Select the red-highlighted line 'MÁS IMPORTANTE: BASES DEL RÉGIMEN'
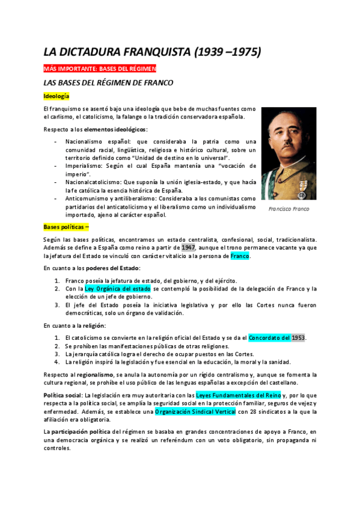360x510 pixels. coord(100,69)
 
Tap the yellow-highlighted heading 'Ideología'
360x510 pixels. coord(56,96)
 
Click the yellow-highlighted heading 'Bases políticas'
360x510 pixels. coord(66,227)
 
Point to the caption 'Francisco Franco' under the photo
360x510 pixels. coord(289,209)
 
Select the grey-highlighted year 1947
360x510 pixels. coord(189,248)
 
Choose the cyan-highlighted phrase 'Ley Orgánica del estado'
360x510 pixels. coord(117,289)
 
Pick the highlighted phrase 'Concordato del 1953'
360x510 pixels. coord(277,337)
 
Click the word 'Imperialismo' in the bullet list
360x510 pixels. coord(85,165)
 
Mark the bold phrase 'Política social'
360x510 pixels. coord(63,395)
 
